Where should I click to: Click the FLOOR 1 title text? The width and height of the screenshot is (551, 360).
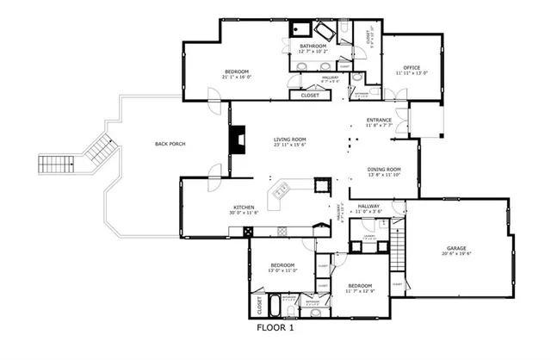coord(275,328)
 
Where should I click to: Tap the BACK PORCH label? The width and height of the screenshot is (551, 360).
coord(170,144)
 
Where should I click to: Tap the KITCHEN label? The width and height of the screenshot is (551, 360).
coord(244,208)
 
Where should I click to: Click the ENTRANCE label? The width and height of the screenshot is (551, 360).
coord(379,120)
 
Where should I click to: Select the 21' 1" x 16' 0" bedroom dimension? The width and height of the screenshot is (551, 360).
coord(237,78)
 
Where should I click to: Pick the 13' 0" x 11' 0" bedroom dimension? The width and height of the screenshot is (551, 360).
coord(283,270)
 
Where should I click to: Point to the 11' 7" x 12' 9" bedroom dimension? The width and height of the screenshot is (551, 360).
coord(360,292)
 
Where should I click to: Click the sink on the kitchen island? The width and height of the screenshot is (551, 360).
coord(280,192)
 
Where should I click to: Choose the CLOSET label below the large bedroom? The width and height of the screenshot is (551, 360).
coord(310,96)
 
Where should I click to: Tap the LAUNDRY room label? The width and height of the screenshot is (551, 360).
coord(368,235)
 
